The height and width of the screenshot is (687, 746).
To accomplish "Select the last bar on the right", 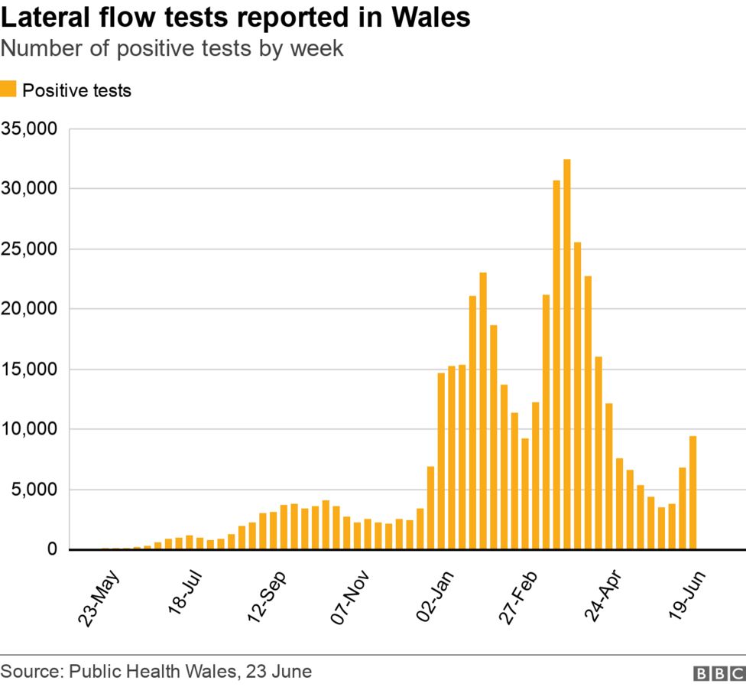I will pos(692,493).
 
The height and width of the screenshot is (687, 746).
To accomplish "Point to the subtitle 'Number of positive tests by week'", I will pos(172,48).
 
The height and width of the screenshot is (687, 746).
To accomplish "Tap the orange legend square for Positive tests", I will pos(8,90).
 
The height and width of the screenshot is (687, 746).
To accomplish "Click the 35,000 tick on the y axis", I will pos(29,129).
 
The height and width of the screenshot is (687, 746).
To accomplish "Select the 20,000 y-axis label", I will pos(29,309).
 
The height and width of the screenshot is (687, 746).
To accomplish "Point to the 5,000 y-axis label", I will pos(34,490).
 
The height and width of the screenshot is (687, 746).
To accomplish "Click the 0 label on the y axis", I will pos(52,549).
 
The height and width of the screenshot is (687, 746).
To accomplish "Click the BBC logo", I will pos(718,672).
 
